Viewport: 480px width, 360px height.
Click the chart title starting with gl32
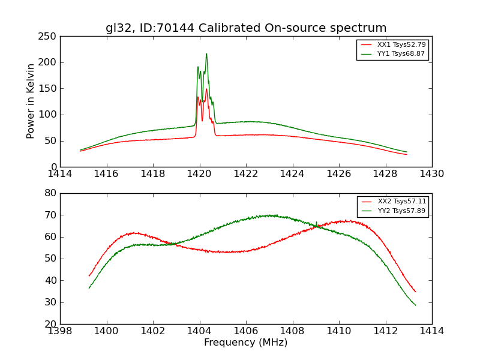tap(246, 28)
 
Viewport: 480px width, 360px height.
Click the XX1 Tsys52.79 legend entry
tap(401, 45)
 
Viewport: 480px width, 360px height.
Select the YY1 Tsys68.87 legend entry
tap(401, 53)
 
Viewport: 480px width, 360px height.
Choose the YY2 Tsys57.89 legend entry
tap(401, 211)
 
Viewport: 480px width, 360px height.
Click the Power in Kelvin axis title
tap(31, 101)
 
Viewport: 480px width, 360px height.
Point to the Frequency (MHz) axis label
tap(245, 343)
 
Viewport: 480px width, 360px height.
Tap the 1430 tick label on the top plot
tap(431, 174)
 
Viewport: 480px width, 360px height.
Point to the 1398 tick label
tap(60, 331)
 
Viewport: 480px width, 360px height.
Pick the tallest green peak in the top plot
tap(206, 54)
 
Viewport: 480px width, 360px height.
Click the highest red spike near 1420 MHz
tap(206, 89)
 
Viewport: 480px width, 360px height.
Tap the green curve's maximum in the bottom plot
tap(270, 215)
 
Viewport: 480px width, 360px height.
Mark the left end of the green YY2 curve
tap(89, 288)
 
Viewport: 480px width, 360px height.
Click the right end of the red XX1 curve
tap(407, 155)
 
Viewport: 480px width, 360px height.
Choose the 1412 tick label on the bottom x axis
tap(385, 331)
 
